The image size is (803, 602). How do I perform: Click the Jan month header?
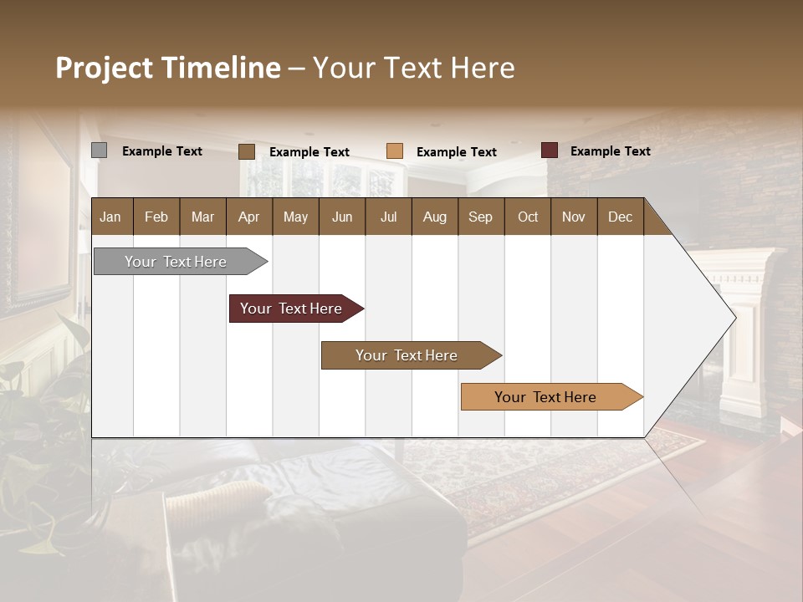click(110, 217)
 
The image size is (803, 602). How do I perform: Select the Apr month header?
click(248, 217)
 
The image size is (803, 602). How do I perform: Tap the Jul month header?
click(388, 217)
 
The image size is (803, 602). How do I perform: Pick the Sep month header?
click(480, 217)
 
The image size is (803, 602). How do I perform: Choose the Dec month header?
click(620, 217)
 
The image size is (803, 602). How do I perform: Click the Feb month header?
click(156, 217)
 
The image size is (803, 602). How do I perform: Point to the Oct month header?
click(528, 217)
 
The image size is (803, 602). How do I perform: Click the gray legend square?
click(100, 150)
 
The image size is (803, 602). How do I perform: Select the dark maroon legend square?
click(549, 150)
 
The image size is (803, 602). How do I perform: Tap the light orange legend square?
click(395, 151)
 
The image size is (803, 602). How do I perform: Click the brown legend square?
click(247, 151)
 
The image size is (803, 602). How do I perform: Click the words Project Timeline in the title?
click(168, 68)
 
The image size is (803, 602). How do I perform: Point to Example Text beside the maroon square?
click(610, 151)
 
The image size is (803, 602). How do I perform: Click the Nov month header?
click(574, 217)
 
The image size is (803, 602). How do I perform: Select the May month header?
click(295, 217)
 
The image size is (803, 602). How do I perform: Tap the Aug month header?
click(434, 217)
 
